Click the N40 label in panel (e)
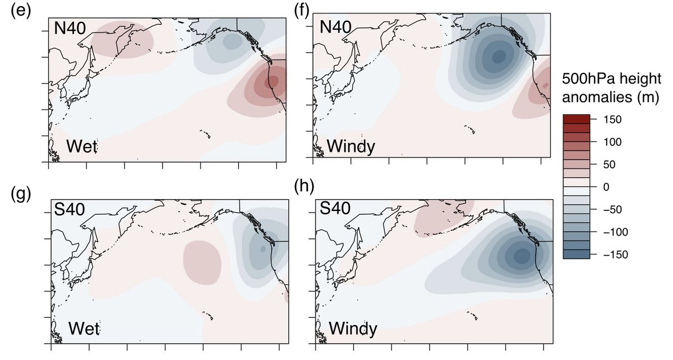coord(70,26)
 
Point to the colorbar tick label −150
coord(607,254)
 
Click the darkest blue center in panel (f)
coord(498,56)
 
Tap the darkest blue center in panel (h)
coord(521,256)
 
